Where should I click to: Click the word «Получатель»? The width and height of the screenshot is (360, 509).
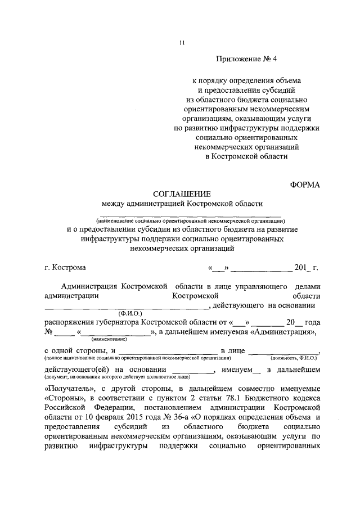69,389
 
